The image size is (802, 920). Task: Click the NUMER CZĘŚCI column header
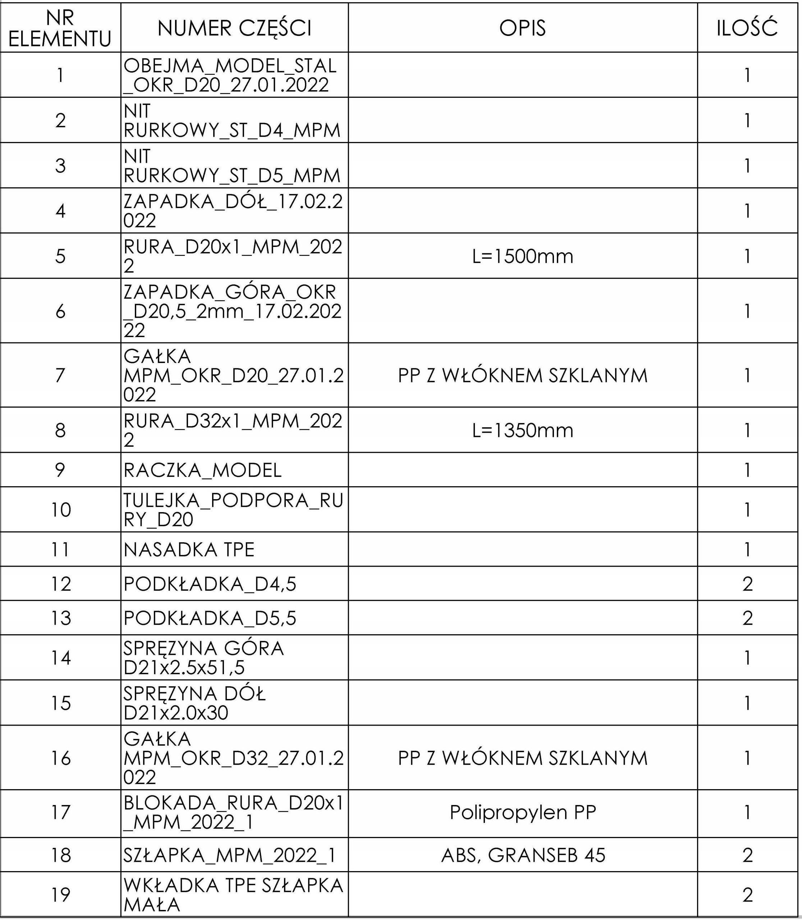tap(234, 28)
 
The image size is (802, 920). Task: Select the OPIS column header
tap(522, 28)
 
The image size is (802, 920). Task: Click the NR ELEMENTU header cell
tap(60, 28)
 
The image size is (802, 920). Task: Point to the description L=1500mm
tap(522, 256)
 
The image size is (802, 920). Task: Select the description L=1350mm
tap(522, 430)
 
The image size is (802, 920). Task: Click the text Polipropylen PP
tap(522, 812)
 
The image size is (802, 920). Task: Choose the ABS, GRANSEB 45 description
tap(522, 855)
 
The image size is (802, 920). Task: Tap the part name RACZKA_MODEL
tap(202, 470)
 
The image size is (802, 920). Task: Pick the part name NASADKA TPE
tap(189, 549)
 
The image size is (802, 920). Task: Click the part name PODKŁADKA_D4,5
tap(210, 584)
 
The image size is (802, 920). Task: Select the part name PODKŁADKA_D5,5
tap(210, 618)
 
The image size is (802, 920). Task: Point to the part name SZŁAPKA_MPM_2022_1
tap(229, 855)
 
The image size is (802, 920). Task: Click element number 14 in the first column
tap(60, 658)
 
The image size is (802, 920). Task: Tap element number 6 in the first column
tap(60, 311)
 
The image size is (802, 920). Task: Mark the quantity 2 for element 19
tap(747, 895)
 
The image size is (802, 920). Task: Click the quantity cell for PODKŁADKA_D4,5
tap(747, 584)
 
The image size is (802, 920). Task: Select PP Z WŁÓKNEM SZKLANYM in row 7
tap(522, 375)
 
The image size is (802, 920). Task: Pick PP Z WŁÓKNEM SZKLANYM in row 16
tap(522, 758)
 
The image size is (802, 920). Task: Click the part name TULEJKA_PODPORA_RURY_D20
tap(233, 509)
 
